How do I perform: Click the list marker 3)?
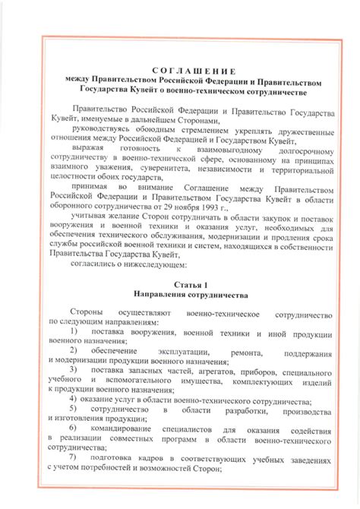pos(74,368)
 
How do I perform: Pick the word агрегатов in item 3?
pos(207,368)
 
